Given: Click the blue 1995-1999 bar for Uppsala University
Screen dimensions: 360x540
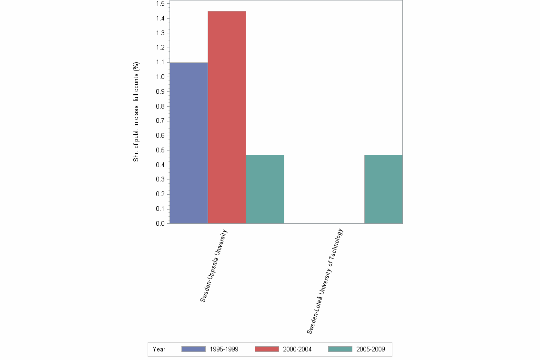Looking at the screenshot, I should (189, 143).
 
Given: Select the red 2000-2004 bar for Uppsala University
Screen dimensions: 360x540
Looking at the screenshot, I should (227, 117).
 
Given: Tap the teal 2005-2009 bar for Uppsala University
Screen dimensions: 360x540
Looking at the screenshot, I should (265, 189).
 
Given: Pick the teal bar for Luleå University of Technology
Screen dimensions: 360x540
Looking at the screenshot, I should (383, 189).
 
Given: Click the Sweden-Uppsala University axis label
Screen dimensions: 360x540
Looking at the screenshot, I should (214, 266).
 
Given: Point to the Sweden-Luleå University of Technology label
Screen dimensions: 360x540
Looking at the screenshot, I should (325, 281).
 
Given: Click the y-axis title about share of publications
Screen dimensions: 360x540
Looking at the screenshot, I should (136, 112).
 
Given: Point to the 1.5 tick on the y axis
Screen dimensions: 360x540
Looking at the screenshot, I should (160, 4).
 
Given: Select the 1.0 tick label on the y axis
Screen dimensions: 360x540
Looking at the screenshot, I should (160, 77).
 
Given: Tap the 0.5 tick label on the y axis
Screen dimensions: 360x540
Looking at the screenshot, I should (160, 150).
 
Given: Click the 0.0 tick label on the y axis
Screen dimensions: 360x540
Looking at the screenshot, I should (160, 224).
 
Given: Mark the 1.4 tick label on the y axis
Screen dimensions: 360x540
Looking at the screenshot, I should (160, 19).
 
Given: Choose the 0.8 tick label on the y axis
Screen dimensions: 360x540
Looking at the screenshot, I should (160, 107).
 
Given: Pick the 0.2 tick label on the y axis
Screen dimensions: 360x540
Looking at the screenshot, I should (160, 194).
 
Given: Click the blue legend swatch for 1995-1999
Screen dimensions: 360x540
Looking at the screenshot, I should (193, 349).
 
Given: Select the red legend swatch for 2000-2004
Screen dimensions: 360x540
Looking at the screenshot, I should (267, 349).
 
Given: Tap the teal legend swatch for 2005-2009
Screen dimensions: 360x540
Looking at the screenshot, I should (340, 349).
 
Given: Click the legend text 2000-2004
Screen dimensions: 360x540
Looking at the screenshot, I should (297, 350).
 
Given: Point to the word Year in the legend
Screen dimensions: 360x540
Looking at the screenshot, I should (159, 350).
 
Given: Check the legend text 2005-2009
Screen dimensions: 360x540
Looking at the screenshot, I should (370, 350).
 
